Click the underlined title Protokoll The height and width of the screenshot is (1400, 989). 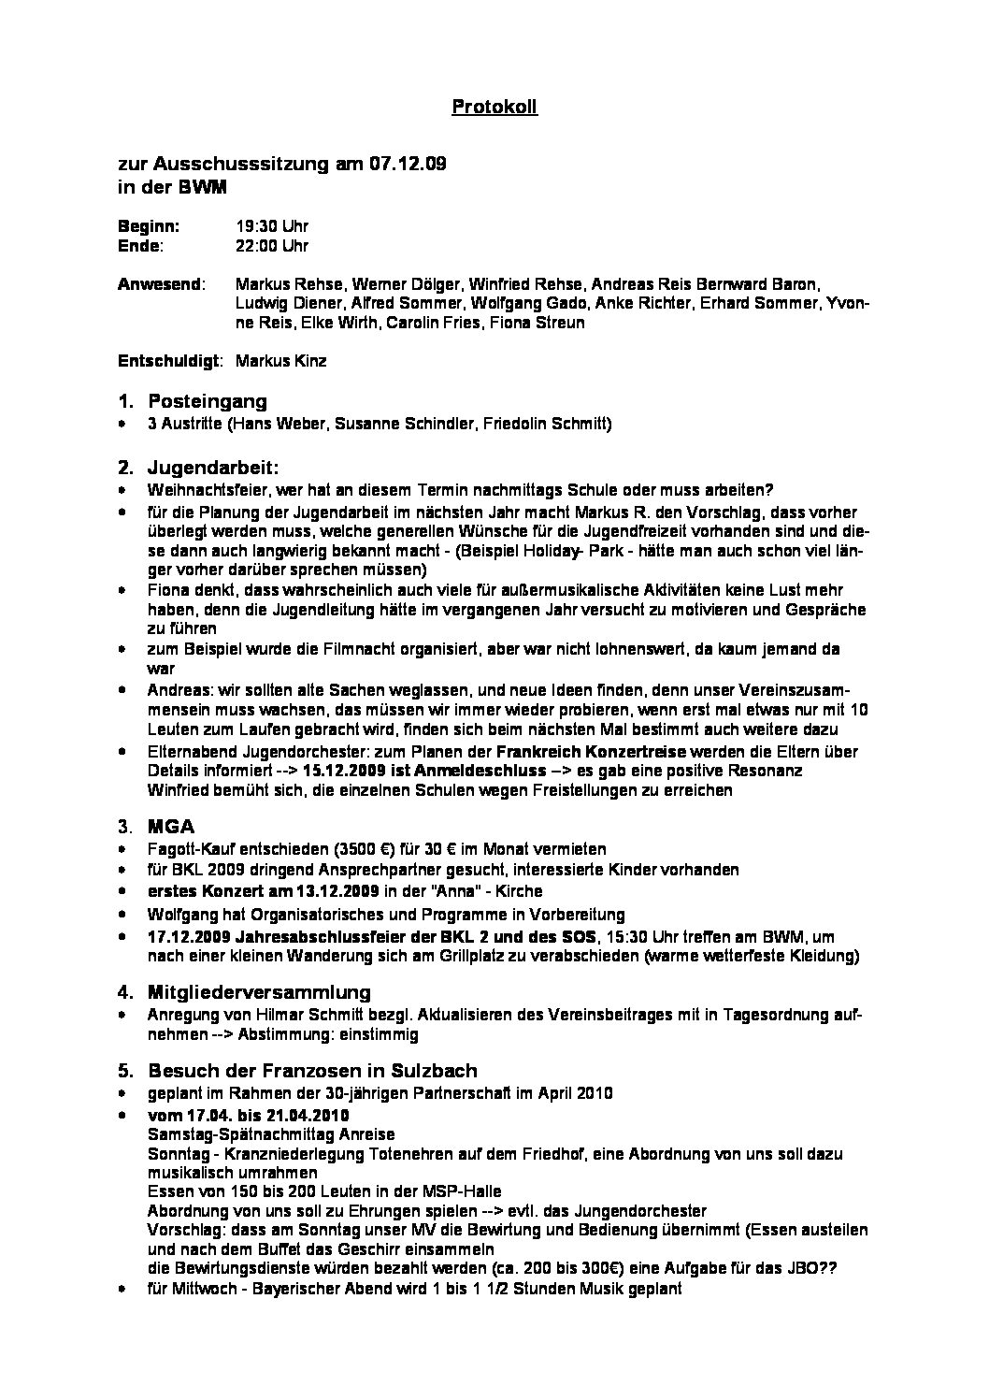coord(494,108)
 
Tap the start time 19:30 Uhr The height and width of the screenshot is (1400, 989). coord(272,226)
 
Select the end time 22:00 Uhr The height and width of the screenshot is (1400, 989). coord(272,246)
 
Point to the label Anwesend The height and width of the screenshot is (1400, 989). coord(159,283)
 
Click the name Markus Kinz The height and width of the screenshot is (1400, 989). coord(281,361)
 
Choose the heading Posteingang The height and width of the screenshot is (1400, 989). coord(207,401)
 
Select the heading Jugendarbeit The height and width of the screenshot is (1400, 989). coord(213,466)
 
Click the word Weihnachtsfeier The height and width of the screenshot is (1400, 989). coord(196,490)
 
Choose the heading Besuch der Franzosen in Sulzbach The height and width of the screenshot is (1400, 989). coord(312,1070)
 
